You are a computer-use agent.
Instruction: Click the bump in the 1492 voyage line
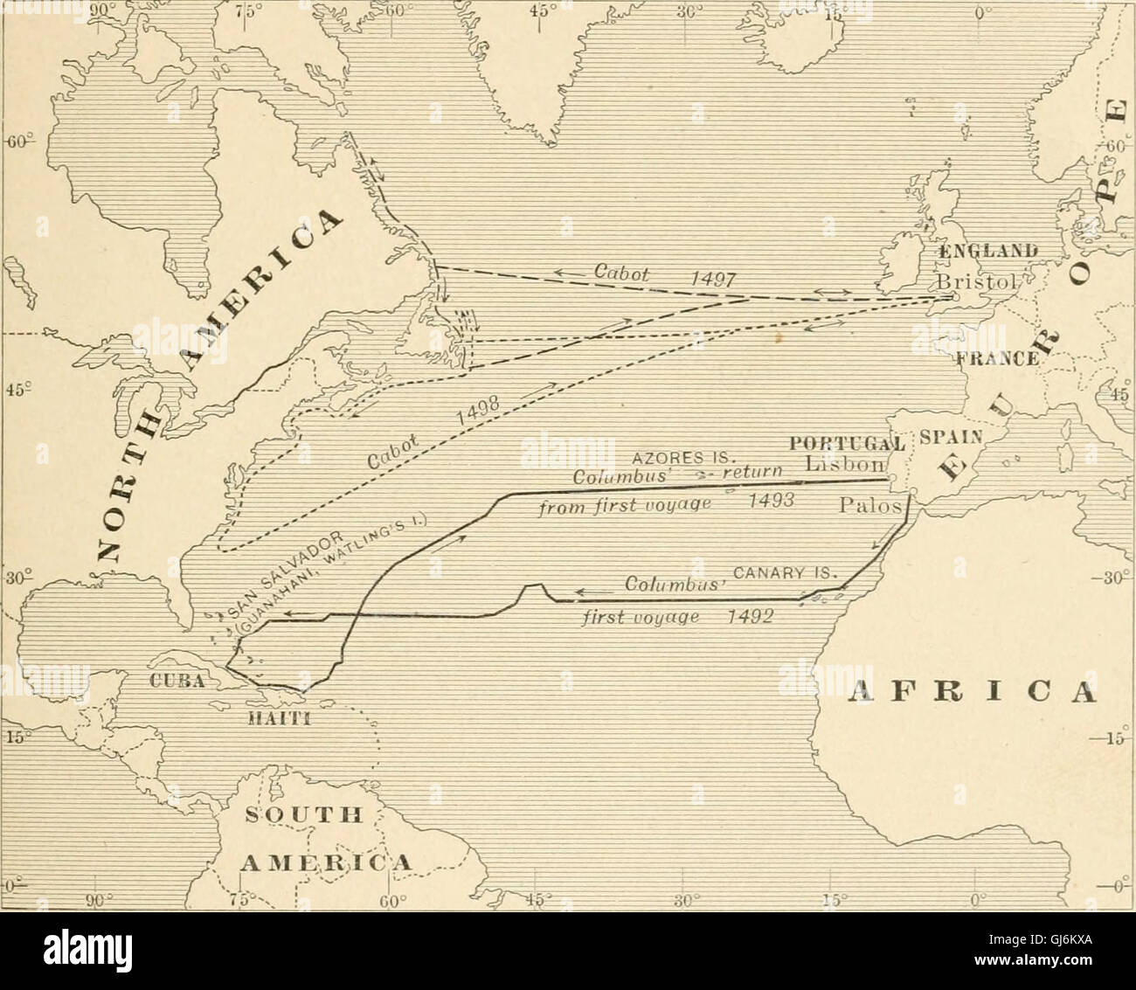click(534, 589)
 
